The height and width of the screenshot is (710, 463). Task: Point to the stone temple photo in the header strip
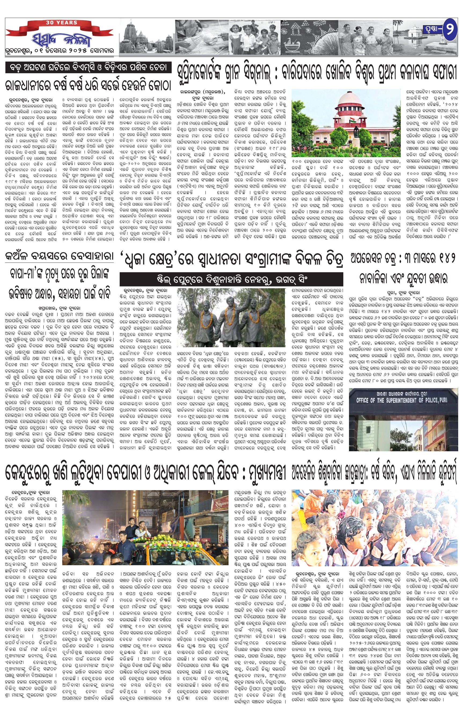coord(146,37)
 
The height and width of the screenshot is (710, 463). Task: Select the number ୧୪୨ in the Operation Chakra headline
coord(444,260)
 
